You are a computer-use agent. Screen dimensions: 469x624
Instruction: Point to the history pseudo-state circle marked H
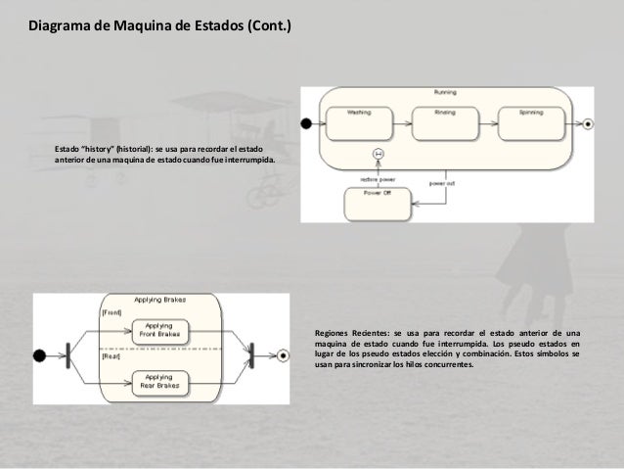coord(378,154)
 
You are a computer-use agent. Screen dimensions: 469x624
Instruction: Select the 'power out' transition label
coord(442,182)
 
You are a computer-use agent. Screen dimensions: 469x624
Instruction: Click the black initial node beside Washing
coord(306,123)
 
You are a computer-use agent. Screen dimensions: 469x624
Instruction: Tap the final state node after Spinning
coord(586,123)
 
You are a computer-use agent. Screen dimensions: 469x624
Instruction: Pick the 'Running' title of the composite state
coord(445,91)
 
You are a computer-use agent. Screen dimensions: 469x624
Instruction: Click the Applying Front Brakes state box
coord(159,331)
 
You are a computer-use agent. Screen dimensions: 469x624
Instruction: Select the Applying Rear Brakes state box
coord(159,380)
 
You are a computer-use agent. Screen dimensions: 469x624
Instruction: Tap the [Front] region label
coord(111,312)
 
